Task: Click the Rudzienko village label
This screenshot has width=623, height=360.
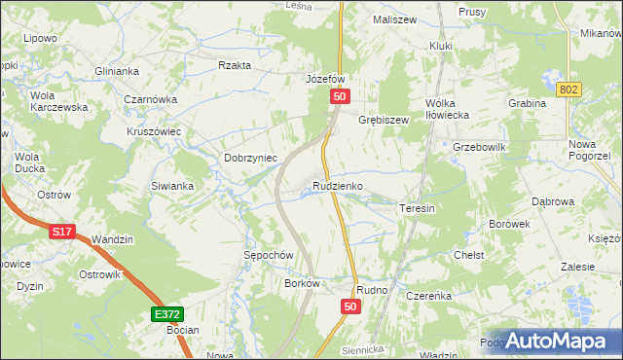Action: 338,185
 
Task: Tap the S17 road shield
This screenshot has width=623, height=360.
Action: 61,233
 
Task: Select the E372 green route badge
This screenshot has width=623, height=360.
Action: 166,315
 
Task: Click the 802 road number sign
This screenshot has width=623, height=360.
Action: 570,90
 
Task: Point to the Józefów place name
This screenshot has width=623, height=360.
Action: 326,79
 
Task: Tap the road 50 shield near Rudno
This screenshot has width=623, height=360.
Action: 351,306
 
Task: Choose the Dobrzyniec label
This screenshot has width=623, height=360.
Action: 251,158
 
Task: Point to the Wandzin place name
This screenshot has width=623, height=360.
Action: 112,239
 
